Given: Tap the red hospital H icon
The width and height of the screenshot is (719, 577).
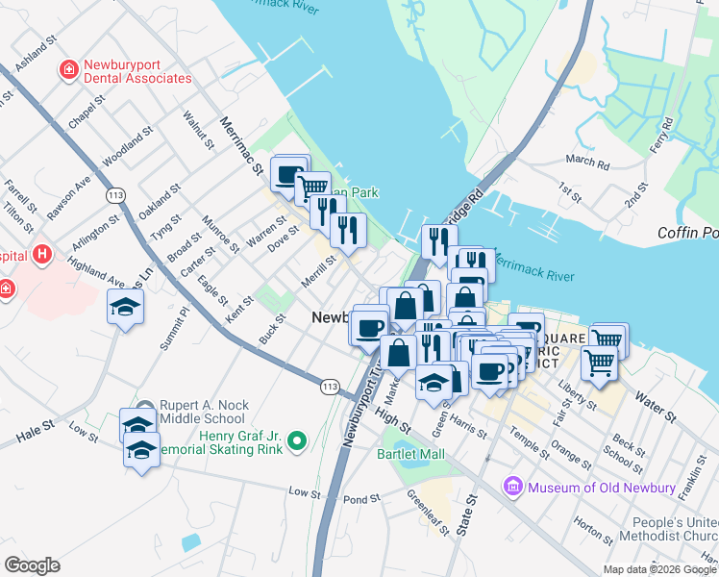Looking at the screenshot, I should (41, 255).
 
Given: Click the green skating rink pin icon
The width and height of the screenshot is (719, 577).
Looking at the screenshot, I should (297, 441).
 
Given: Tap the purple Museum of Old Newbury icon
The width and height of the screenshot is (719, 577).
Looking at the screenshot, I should (512, 488).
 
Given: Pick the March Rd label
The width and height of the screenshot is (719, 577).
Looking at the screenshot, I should (588, 163).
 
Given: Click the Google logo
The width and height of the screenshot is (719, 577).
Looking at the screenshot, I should (32, 565).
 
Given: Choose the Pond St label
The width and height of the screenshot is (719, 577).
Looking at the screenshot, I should (361, 500).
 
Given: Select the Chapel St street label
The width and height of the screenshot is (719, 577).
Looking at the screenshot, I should (86, 113).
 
